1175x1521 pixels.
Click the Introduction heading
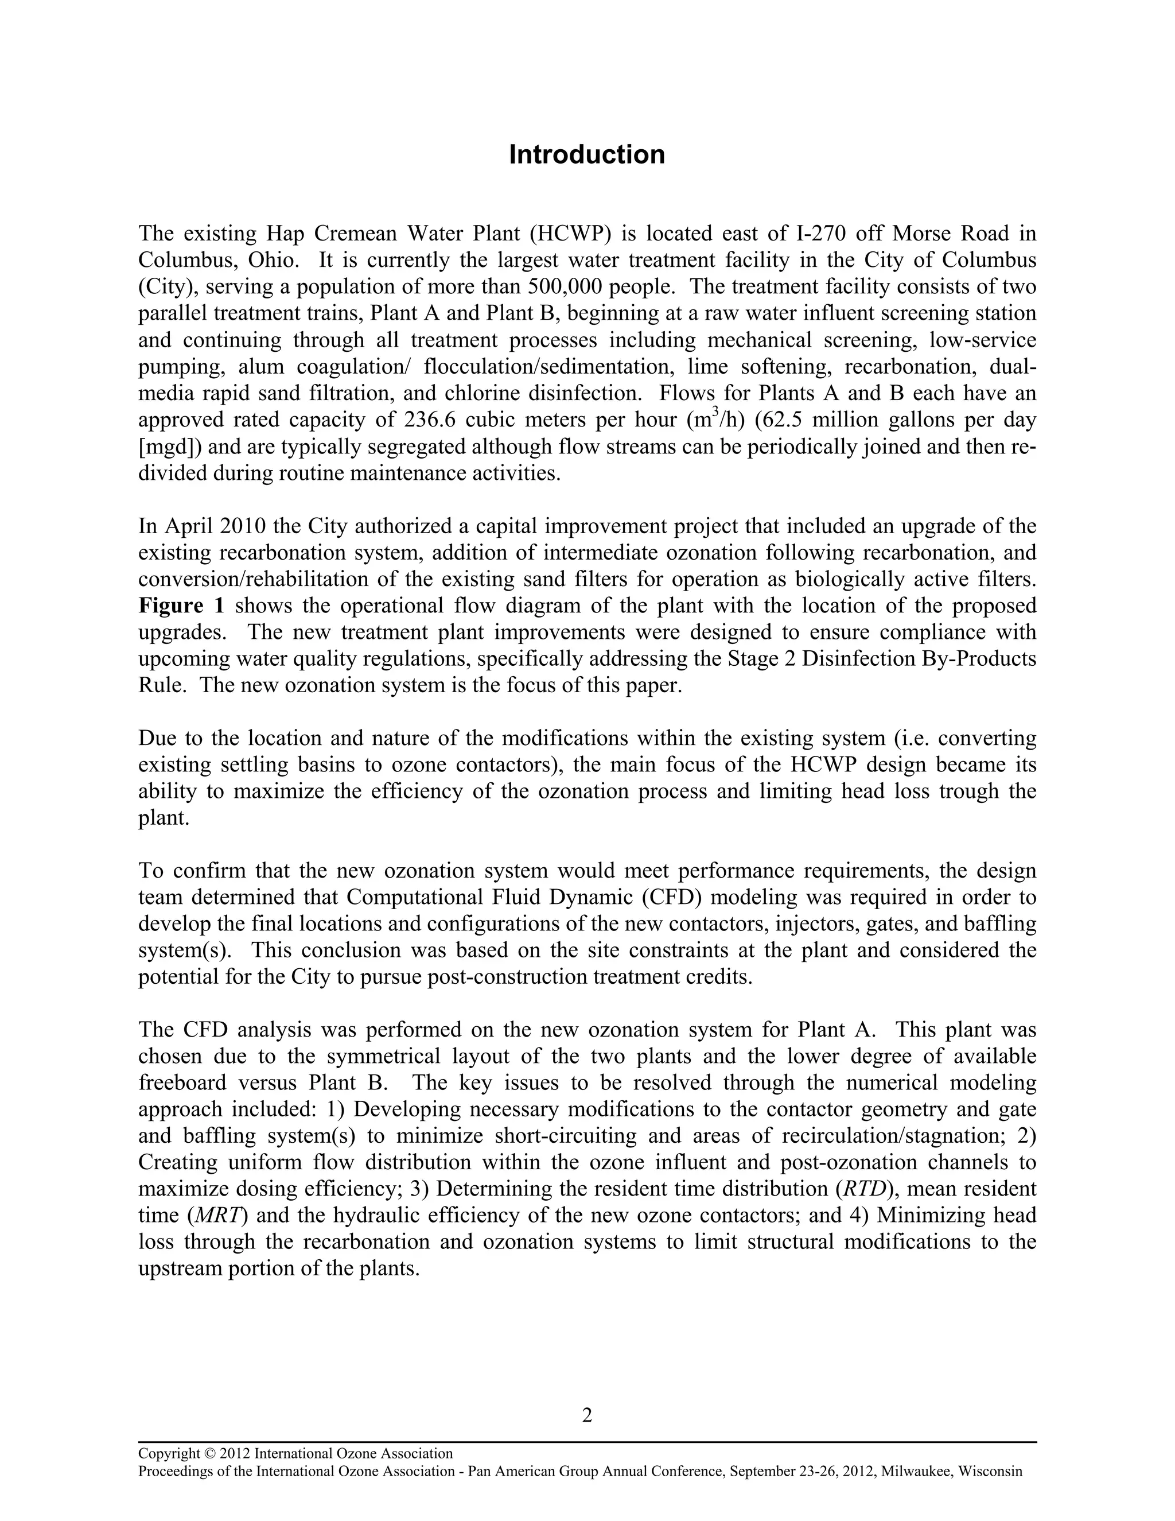pos(587,154)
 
